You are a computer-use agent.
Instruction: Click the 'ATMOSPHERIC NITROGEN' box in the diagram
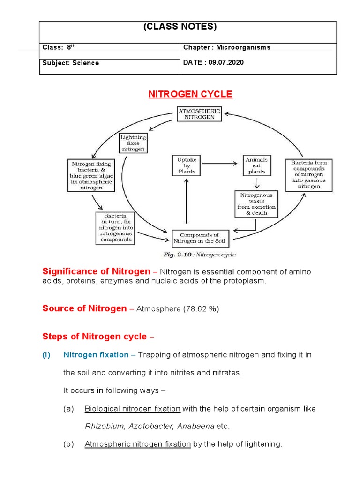tap(200, 113)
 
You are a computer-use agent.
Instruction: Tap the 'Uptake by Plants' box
tap(186, 165)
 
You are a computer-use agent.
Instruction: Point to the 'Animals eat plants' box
tap(256, 165)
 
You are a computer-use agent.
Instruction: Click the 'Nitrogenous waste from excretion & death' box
tap(256, 203)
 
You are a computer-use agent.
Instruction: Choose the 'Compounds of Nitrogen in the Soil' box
tap(200, 239)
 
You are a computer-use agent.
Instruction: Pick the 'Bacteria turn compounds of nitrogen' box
tap(308, 174)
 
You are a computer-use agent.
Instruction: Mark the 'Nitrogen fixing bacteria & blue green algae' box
tap(92, 175)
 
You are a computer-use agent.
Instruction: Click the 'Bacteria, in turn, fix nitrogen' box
tap(115, 227)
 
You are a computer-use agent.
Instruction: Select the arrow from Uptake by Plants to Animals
tap(221, 164)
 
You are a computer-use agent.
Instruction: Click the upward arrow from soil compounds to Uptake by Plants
tap(186, 202)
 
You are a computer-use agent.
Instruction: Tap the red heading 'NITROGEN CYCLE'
tap(190, 94)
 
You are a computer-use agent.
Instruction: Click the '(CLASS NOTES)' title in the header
tap(180, 27)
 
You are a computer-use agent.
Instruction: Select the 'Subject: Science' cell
tap(71, 63)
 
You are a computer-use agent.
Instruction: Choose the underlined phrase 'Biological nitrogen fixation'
tap(132, 409)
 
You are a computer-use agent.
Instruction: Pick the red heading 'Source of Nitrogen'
tap(84, 308)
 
